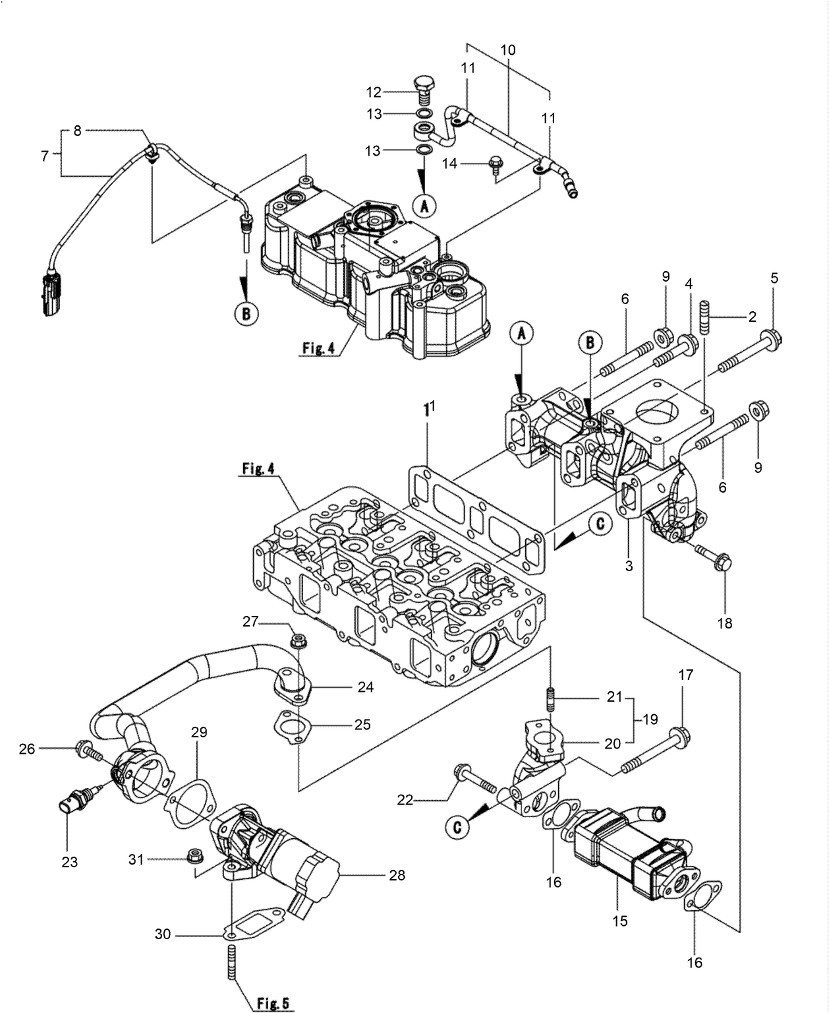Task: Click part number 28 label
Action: pos(397,875)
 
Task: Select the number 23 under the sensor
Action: pos(69,861)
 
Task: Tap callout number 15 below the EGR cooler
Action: pos(619,921)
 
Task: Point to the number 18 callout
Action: pos(724,623)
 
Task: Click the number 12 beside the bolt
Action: pos(374,92)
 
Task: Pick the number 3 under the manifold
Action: pos(629,565)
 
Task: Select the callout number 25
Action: pos(362,724)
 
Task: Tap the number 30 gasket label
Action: pos(163,934)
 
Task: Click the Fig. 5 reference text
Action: pos(272,1003)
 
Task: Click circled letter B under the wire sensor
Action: pos(246,314)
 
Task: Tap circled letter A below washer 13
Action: pos(424,206)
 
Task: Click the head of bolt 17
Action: pos(679,734)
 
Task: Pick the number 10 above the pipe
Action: pos(507,50)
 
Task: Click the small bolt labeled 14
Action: pos(495,163)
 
